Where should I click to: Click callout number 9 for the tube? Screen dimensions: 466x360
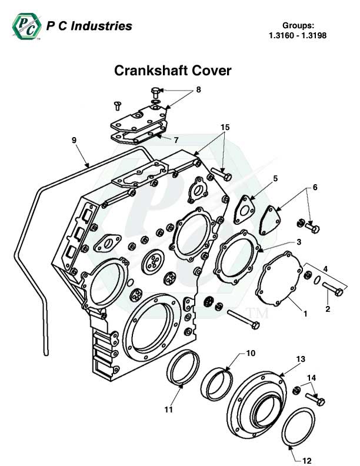tap(74, 140)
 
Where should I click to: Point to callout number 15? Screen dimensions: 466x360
tap(225, 128)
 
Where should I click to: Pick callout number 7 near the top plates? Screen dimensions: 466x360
tap(175, 139)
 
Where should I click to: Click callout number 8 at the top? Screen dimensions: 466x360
tap(198, 90)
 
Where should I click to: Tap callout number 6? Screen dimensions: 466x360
tap(315, 187)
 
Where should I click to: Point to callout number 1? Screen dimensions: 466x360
tap(305, 314)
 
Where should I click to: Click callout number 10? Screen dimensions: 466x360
tap(250, 354)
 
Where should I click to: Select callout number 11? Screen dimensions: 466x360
tap(168, 410)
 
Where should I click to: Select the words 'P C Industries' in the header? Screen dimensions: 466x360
tap(89, 26)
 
